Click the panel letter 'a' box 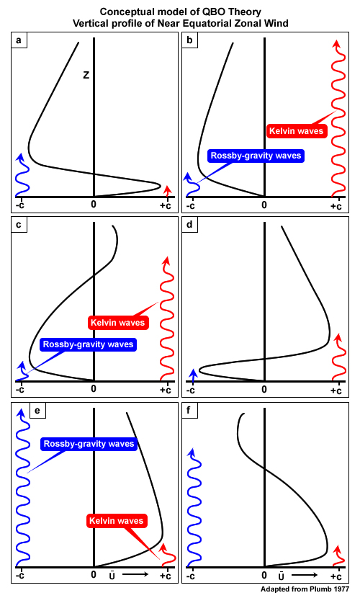coord(19,40)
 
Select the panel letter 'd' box coord(189,225)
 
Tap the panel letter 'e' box coord(37,411)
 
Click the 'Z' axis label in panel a coord(86,75)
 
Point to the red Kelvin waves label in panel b coord(297,131)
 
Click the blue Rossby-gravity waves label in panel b coord(256,156)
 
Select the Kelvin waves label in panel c coord(117,323)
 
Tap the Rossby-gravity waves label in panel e coord(89,444)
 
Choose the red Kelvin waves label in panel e coord(116,521)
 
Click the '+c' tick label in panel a coord(166,205)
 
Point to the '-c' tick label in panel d coord(191,391)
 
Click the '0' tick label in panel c coord(94,389)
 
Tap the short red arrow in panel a coord(167,192)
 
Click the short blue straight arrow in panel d coord(193,375)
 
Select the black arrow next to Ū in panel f coord(305,575)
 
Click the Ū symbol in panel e coord(112,575)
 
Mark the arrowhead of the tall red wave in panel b coord(336,43)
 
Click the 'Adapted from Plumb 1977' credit coord(305,589)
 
